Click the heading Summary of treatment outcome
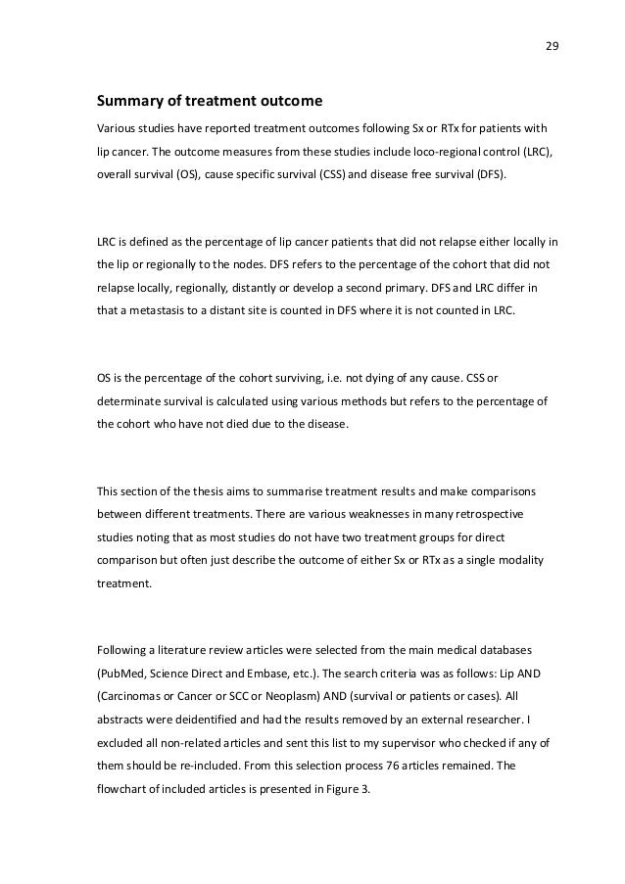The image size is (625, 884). click(208, 102)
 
